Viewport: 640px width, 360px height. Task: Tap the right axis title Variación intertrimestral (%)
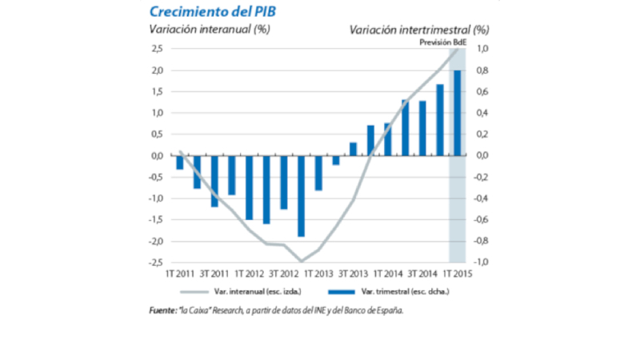[x=418, y=30]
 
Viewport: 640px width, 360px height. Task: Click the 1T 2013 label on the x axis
[x=318, y=273]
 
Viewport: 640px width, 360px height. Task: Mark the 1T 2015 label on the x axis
[x=456, y=273]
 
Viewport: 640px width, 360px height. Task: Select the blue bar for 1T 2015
[x=458, y=113]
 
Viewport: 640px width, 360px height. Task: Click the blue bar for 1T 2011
[x=180, y=162]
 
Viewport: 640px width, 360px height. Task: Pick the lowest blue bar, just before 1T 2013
[x=301, y=196]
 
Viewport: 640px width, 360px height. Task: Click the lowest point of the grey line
[x=301, y=261]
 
